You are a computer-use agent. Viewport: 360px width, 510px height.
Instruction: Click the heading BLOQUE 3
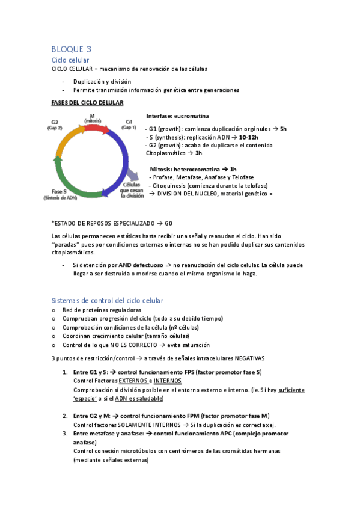point(72,49)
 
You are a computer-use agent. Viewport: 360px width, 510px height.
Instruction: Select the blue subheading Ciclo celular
point(71,60)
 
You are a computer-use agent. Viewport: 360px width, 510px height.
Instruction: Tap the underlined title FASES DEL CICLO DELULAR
point(88,103)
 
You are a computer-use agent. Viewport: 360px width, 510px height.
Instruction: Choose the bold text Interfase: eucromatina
point(178,115)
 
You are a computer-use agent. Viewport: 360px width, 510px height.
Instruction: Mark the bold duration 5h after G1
point(284,129)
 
